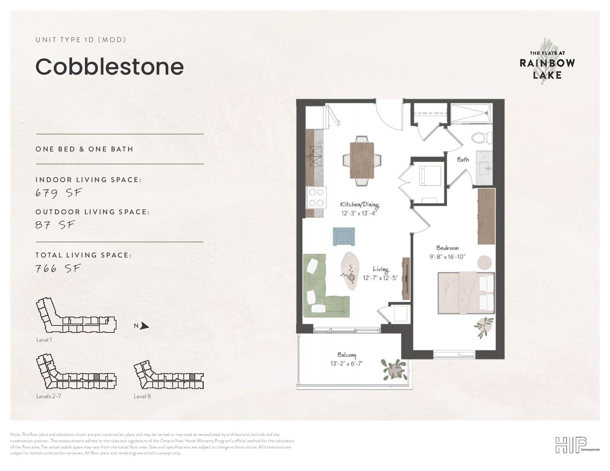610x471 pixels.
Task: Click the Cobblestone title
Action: tap(109, 67)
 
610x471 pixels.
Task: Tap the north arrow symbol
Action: tap(145, 326)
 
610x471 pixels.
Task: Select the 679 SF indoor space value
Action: tap(58, 193)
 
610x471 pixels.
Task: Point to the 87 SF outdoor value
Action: tap(55, 225)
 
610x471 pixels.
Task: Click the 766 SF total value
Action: tap(58, 269)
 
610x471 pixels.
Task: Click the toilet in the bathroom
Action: tap(482, 138)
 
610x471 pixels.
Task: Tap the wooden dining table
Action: tap(362, 160)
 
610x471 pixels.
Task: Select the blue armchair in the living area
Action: tap(343, 236)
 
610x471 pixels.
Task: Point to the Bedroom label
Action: tap(447, 248)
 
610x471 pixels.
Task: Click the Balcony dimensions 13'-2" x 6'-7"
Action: tap(347, 364)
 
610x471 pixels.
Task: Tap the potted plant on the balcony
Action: tap(394, 369)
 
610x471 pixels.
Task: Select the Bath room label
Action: tap(463, 160)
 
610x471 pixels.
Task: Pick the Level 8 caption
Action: tap(142, 396)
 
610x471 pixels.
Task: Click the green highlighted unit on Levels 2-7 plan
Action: tap(96, 377)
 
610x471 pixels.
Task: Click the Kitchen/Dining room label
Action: tap(360, 205)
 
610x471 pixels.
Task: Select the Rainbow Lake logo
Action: tap(547, 62)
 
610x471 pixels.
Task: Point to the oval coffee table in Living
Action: tap(350, 271)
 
